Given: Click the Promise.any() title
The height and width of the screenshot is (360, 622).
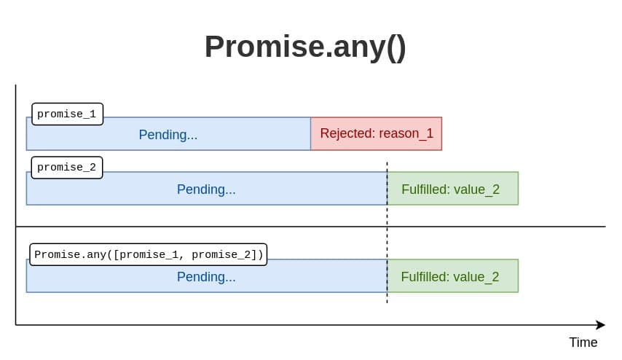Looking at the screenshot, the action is [305, 47].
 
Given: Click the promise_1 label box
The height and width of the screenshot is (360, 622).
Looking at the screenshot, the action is [67, 114].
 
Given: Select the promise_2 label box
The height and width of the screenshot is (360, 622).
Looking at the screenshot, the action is [67, 168].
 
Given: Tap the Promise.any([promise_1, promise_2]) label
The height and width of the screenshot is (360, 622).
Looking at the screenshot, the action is [149, 254].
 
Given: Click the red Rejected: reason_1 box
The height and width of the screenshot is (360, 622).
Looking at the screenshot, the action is [376, 134].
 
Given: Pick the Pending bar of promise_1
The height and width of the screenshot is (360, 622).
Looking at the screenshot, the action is [168, 134].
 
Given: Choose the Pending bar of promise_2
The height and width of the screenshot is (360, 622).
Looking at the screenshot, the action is [207, 189].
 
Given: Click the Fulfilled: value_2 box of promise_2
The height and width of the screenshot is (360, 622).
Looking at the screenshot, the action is [452, 189].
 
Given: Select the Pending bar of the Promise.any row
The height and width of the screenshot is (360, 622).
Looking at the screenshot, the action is [207, 276].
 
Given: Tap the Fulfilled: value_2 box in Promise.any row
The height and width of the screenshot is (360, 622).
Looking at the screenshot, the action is [452, 276].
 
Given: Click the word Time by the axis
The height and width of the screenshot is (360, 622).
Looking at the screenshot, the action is [583, 342].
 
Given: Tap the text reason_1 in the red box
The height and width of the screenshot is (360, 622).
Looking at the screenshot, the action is [406, 134].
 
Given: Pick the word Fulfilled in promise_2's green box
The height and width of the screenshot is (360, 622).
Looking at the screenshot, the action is [425, 189].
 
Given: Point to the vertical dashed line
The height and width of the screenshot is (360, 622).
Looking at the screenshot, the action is [387, 232].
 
